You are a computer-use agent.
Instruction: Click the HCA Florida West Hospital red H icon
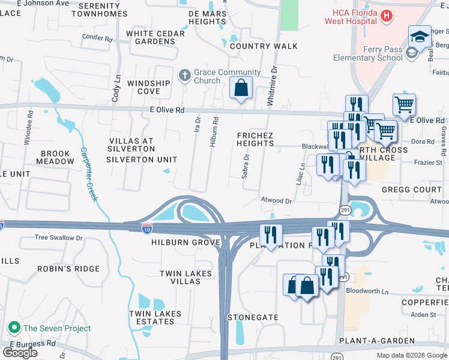click(387, 16)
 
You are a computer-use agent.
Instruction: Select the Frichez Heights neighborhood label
click(255, 140)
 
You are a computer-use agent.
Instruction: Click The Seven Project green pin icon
click(14, 328)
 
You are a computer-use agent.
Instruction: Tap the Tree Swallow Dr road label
click(58, 238)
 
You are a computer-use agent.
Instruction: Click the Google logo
click(20, 353)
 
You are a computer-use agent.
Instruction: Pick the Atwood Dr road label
click(276, 201)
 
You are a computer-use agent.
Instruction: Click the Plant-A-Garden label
click(376, 341)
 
